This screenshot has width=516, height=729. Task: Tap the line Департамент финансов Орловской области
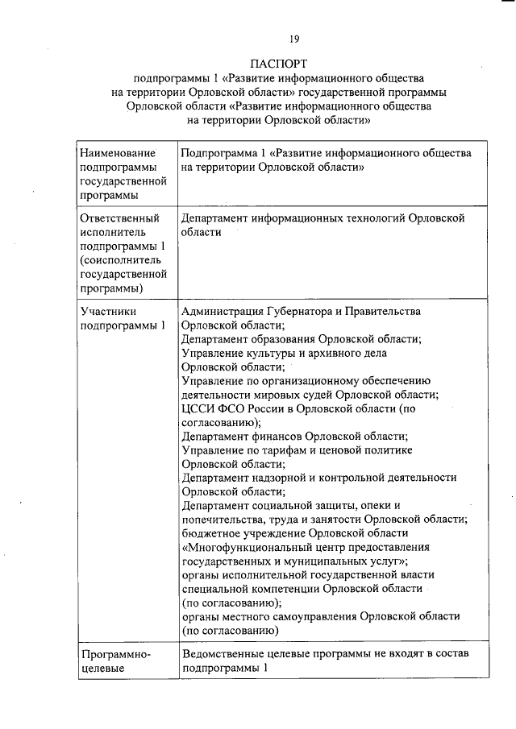[293, 436]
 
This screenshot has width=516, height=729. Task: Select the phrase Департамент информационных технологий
[293, 218]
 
